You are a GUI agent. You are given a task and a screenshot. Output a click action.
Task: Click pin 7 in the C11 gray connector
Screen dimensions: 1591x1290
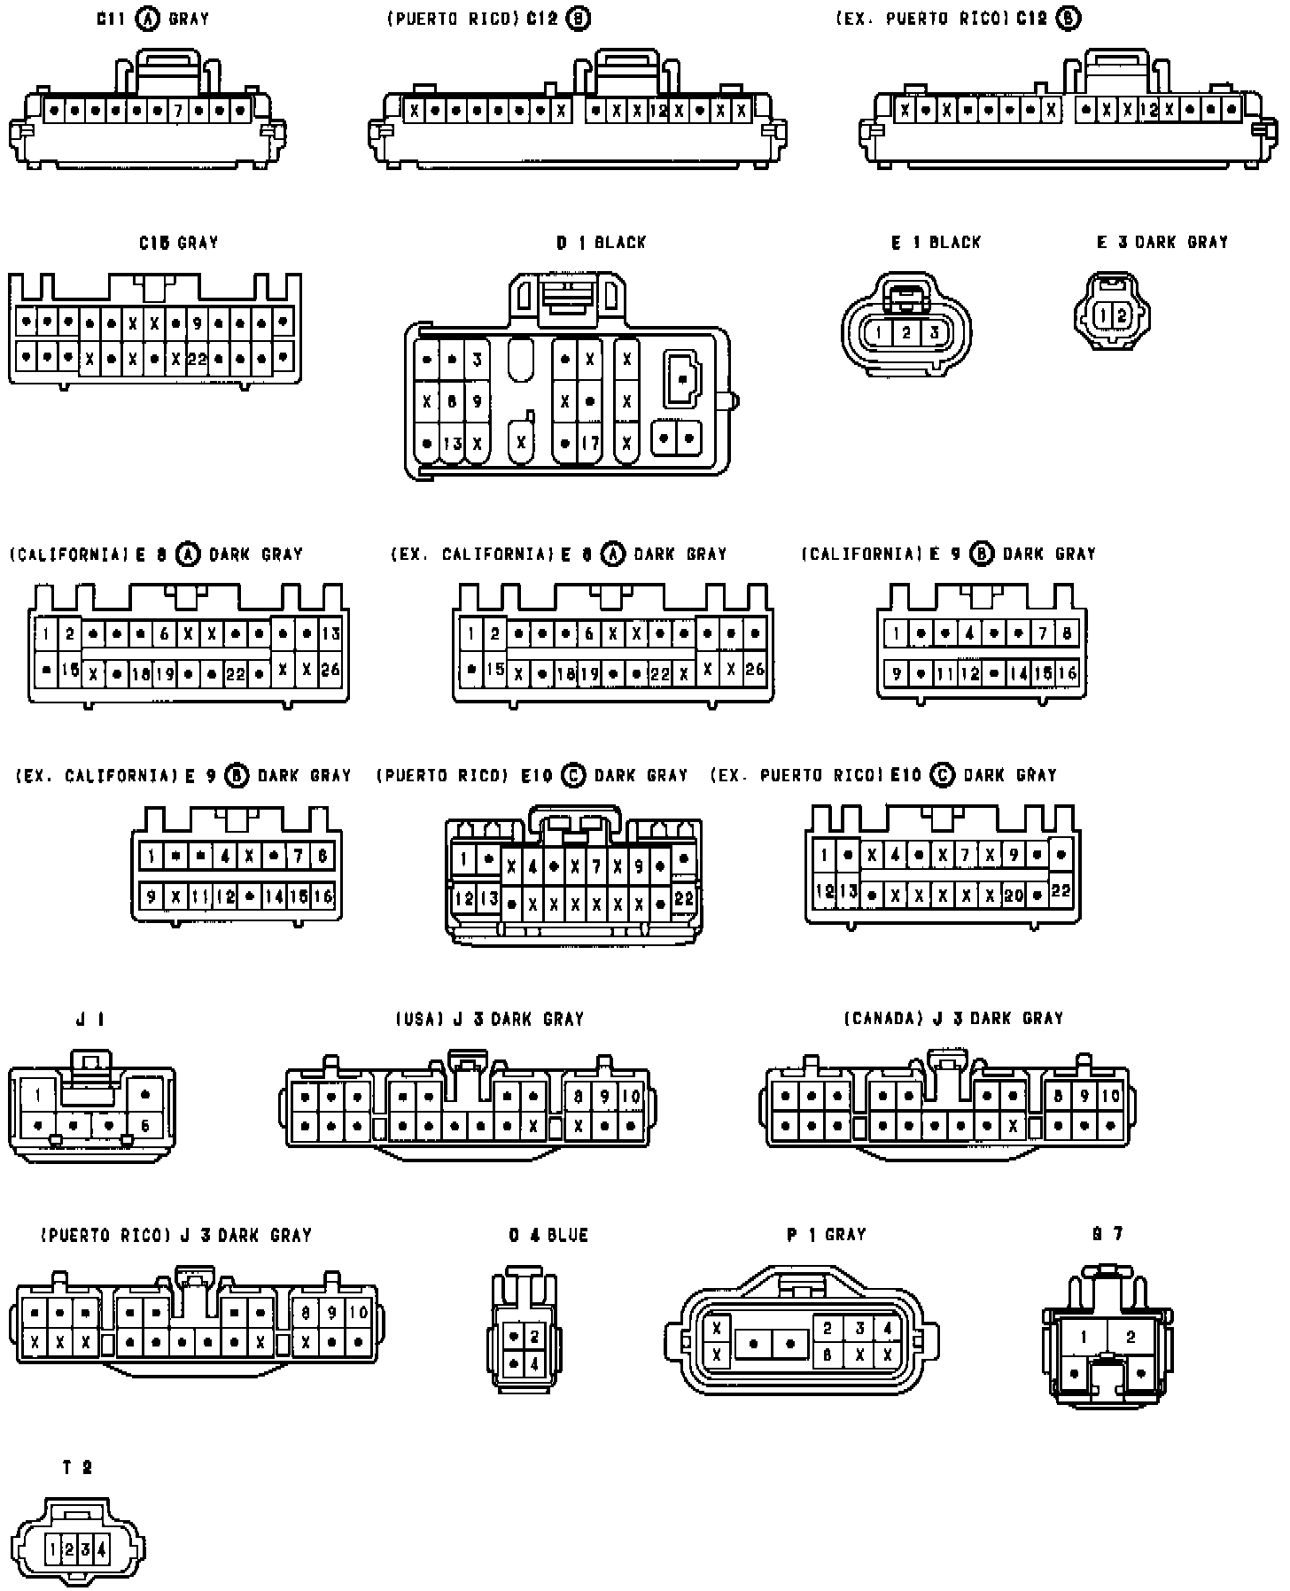[178, 111]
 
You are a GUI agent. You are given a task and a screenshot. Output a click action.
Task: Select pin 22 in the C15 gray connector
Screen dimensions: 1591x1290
[197, 360]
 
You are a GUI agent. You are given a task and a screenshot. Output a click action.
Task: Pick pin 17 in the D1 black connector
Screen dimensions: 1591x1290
[590, 443]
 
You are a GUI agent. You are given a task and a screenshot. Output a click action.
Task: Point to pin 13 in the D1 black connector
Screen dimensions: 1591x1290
[453, 443]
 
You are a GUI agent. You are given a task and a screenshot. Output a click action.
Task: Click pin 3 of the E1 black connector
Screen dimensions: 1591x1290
[934, 333]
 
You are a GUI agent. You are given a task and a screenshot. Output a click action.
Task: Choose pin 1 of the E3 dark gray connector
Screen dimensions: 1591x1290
[1103, 315]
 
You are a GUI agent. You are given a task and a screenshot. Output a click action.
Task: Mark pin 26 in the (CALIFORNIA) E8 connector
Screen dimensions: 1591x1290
[330, 670]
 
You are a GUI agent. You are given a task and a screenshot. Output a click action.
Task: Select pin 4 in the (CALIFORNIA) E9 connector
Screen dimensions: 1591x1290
[971, 633]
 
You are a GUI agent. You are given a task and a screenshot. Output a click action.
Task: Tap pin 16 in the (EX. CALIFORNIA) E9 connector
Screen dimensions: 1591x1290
[323, 896]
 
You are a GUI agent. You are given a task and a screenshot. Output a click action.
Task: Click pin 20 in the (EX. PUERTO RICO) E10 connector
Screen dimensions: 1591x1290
[1014, 896]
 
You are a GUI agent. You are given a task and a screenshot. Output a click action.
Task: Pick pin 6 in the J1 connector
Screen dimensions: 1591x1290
[145, 1126]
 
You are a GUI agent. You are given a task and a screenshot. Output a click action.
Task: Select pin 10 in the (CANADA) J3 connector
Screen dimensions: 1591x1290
[1111, 1096]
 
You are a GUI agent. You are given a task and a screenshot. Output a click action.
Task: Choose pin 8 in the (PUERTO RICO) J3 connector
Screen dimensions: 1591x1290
[307, 1313]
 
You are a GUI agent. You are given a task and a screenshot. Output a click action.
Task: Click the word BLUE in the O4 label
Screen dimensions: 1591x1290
[568, 1235]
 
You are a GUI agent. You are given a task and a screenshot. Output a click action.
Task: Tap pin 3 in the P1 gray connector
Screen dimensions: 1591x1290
[859, 1329]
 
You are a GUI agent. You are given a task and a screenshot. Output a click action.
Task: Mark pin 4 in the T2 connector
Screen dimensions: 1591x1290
[102, 1549]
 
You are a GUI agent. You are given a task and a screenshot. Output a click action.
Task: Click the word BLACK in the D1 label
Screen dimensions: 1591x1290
[620, 242]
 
